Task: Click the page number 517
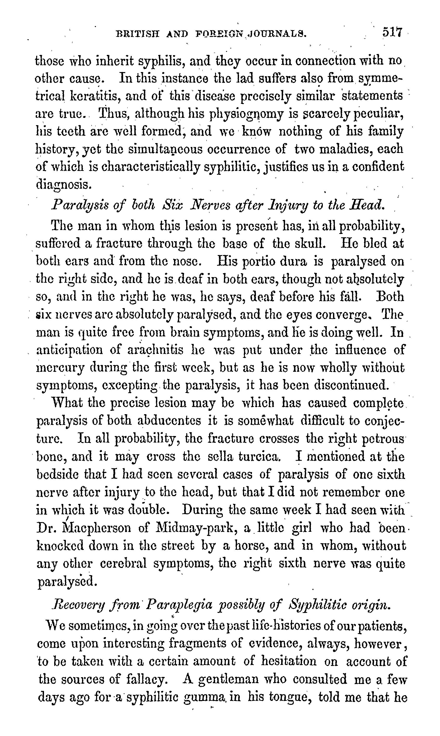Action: click(x=392, y=32)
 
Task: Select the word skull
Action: click(x=310, y=244)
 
